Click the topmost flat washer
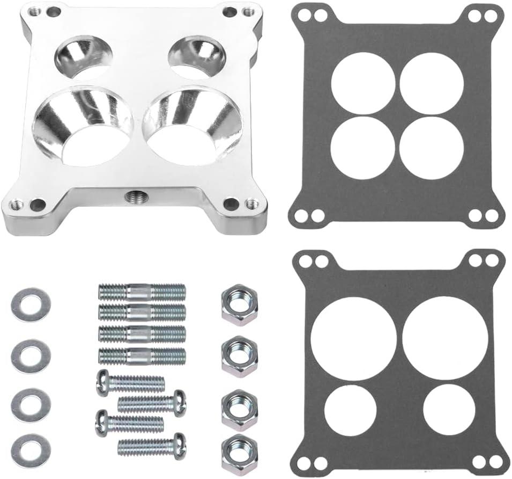click(x=31, y=304)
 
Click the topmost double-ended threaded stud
click(x=142, y=293)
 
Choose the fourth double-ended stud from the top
click(x=142, y=355)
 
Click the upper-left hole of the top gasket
click(x=362, y=83)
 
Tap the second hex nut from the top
click(x=239, y=356)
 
